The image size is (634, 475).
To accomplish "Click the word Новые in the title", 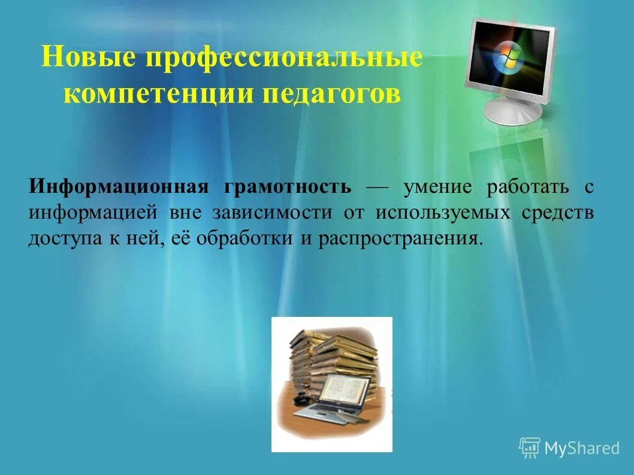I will point(87,59).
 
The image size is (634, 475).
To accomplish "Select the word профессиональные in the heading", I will point(283,59).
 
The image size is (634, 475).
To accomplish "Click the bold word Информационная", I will point(119,187).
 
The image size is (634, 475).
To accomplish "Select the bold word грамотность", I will point(288,187).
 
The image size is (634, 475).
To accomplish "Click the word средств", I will point(558,213).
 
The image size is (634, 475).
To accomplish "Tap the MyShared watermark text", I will point(582,448).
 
